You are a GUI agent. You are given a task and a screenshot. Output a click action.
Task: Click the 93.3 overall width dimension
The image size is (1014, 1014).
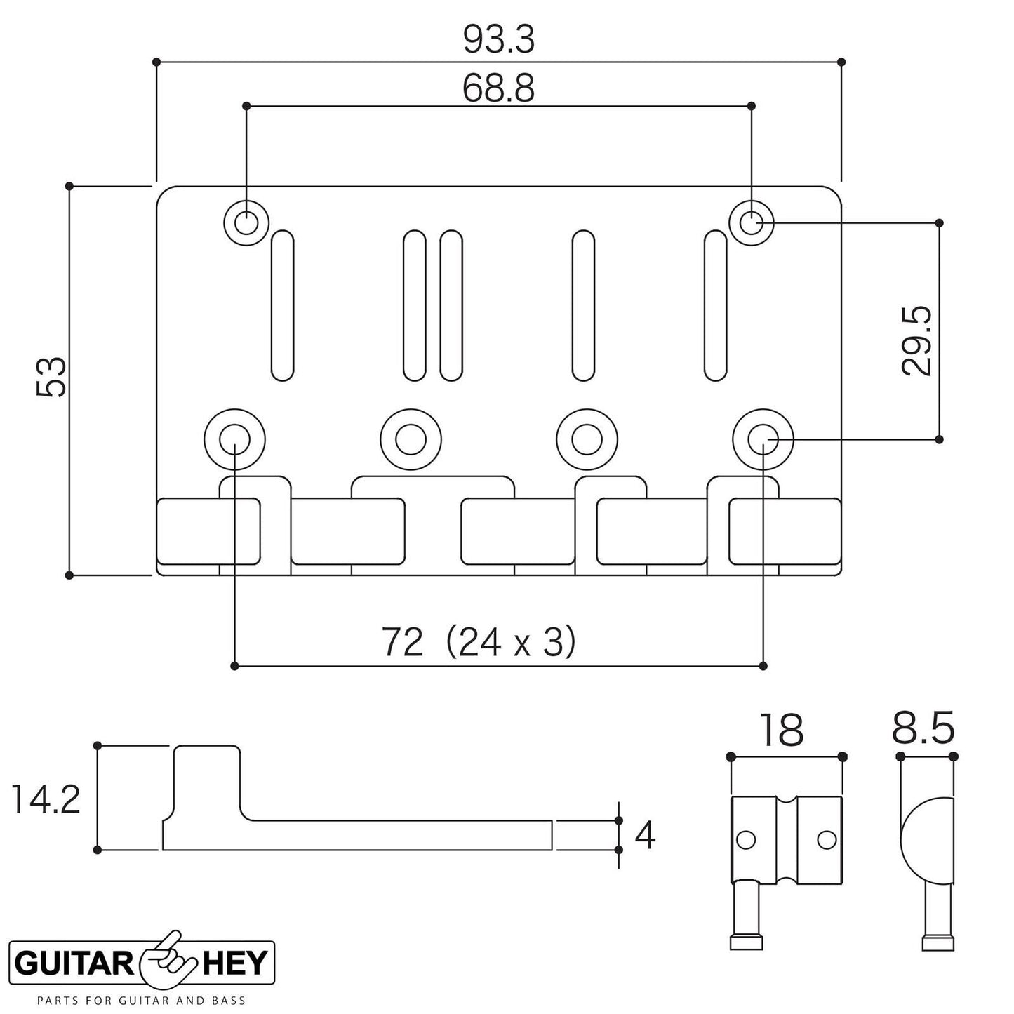click(499, 41)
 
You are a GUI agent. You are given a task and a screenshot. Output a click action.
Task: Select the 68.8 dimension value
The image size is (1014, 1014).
click(499, 88)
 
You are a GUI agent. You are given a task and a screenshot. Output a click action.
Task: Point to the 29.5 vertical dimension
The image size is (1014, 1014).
click(916, 340)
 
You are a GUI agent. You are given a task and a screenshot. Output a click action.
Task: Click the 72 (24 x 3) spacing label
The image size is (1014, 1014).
click(479, 641)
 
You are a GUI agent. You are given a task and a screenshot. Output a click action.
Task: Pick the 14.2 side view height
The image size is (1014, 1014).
click(46, 800)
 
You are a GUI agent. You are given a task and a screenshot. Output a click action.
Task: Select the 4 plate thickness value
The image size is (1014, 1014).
click(644, 835)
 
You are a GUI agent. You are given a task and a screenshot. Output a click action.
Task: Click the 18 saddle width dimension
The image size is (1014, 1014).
click(780, 730)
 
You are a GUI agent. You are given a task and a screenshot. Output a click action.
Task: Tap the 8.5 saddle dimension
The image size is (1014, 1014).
click(923, 730)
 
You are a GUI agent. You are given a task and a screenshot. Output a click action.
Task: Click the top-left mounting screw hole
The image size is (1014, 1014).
click(246, 224)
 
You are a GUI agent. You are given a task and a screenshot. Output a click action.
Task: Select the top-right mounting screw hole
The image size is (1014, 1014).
click(752, 224)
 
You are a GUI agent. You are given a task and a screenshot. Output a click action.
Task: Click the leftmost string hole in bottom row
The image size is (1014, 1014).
click(234, 440)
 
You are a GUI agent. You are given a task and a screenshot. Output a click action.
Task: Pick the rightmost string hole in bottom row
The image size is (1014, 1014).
click(763, 440)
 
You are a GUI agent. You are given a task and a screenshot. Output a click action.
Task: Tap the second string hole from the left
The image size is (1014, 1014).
click(411, 440)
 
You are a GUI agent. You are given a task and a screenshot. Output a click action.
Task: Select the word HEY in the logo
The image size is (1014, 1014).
click(235, 963)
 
